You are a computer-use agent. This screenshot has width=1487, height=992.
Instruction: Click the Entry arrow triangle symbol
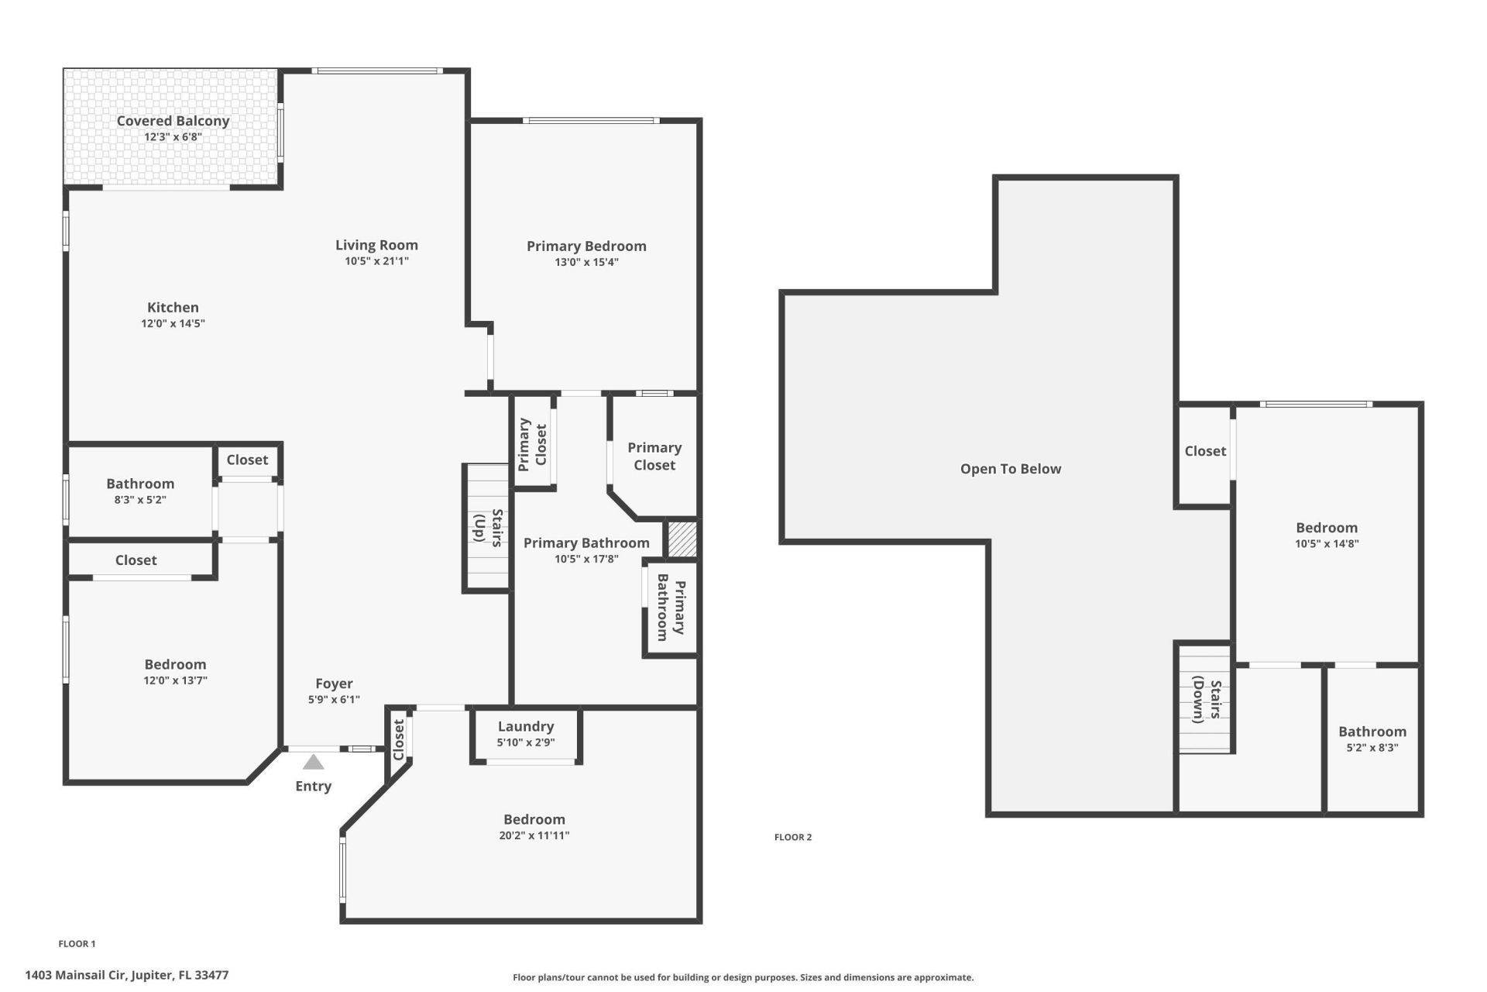tap(313, 763)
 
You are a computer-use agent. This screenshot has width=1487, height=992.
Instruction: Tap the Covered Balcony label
tap(173, 121)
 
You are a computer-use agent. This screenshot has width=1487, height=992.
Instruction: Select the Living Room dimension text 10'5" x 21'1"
tap(376, 262)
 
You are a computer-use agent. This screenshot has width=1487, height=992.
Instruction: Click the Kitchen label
tap(173, 308)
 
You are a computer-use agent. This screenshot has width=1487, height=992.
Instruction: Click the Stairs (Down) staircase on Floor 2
tap(1204, 700)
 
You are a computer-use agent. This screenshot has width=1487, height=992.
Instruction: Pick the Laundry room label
tap(525, 726)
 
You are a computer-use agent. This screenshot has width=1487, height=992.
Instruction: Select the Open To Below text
tap(1010, 469)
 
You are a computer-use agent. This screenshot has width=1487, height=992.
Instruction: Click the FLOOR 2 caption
tap(793, 837)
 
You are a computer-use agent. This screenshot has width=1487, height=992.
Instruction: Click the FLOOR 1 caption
tap(77, 944)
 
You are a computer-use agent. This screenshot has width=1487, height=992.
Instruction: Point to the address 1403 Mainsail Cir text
tap(126, 976)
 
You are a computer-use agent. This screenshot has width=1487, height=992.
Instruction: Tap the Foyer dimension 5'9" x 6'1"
tap(334, 700)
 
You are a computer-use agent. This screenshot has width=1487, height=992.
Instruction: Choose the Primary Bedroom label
tap(586, 246)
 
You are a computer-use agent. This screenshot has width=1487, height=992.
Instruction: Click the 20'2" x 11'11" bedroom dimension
tap(534, 835)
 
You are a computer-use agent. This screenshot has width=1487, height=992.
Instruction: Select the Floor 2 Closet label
tap(1205, 451)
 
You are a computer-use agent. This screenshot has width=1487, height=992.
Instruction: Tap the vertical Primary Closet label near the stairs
tap(532, 443)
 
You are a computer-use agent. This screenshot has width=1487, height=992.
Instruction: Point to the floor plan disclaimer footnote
tap(743, 977)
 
